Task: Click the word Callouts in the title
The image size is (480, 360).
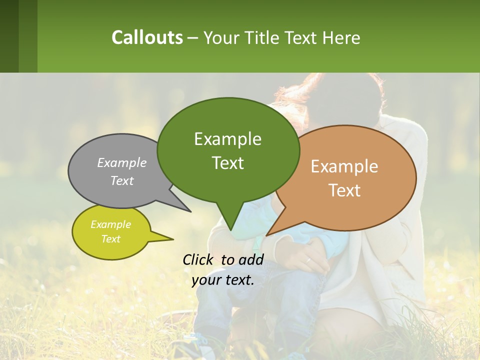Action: (147, 37)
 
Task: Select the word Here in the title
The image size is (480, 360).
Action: (341, 37)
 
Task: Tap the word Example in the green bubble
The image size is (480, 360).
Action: (227, 138)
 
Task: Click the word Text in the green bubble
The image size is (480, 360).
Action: (227, 162)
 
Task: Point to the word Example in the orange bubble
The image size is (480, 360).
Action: (344, 166)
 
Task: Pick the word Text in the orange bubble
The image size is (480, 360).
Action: (344, 190)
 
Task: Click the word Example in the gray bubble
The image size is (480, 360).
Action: (122, 162)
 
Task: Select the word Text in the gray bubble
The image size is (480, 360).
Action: (122, 180)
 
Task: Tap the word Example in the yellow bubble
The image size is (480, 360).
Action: (110, 224)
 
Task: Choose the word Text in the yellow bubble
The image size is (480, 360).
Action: (110, 239)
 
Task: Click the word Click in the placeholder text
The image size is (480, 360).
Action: (199, 259)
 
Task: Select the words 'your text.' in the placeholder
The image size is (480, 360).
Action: (222, 279)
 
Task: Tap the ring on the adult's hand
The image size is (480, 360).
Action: (308, 260)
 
